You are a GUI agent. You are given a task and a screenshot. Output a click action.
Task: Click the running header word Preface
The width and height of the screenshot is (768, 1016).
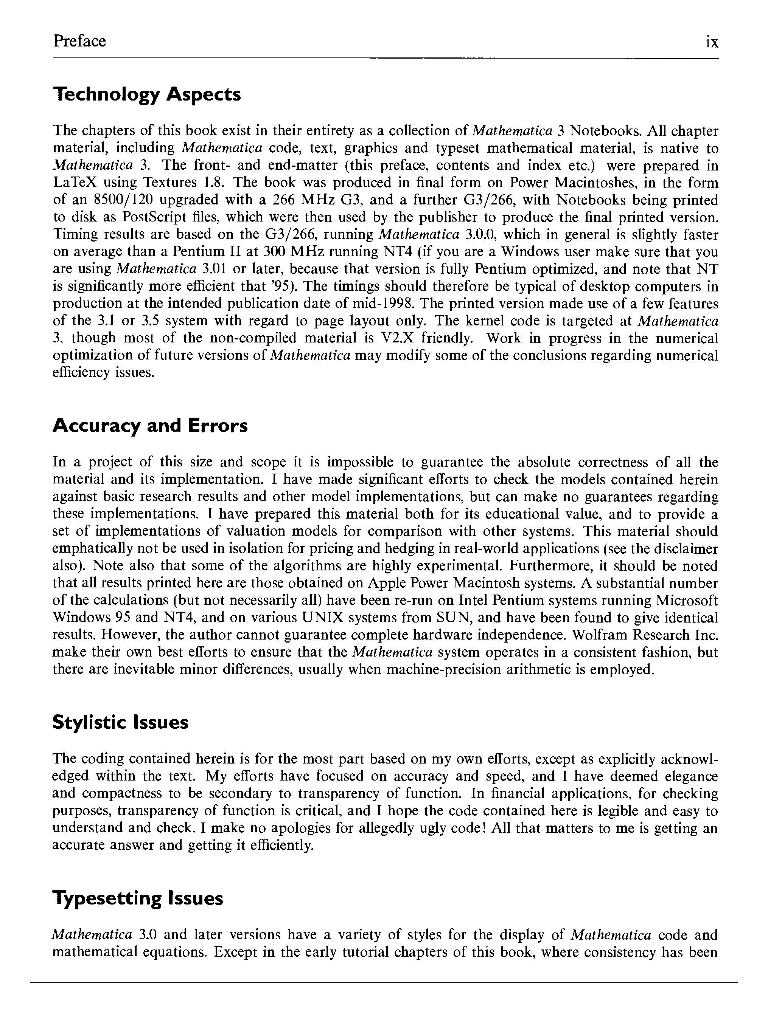pyautogui.click(x=79, y=41)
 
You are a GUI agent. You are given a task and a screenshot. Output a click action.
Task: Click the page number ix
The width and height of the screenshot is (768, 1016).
pyautogui.click(x=712, y=42)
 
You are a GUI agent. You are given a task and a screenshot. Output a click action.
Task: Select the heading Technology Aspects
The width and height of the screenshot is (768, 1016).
pyautogui.click(x=147, y=94)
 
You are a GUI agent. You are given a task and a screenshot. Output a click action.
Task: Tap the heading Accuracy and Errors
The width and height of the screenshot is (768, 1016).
pyautogui.click(x=150, y=426)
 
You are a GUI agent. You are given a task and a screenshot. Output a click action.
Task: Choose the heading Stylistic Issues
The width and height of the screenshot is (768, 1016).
pyautogui.click(x=120, y=722)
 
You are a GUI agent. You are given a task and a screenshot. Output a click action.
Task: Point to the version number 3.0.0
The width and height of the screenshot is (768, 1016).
pyautogui.click(x=479, y=235)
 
